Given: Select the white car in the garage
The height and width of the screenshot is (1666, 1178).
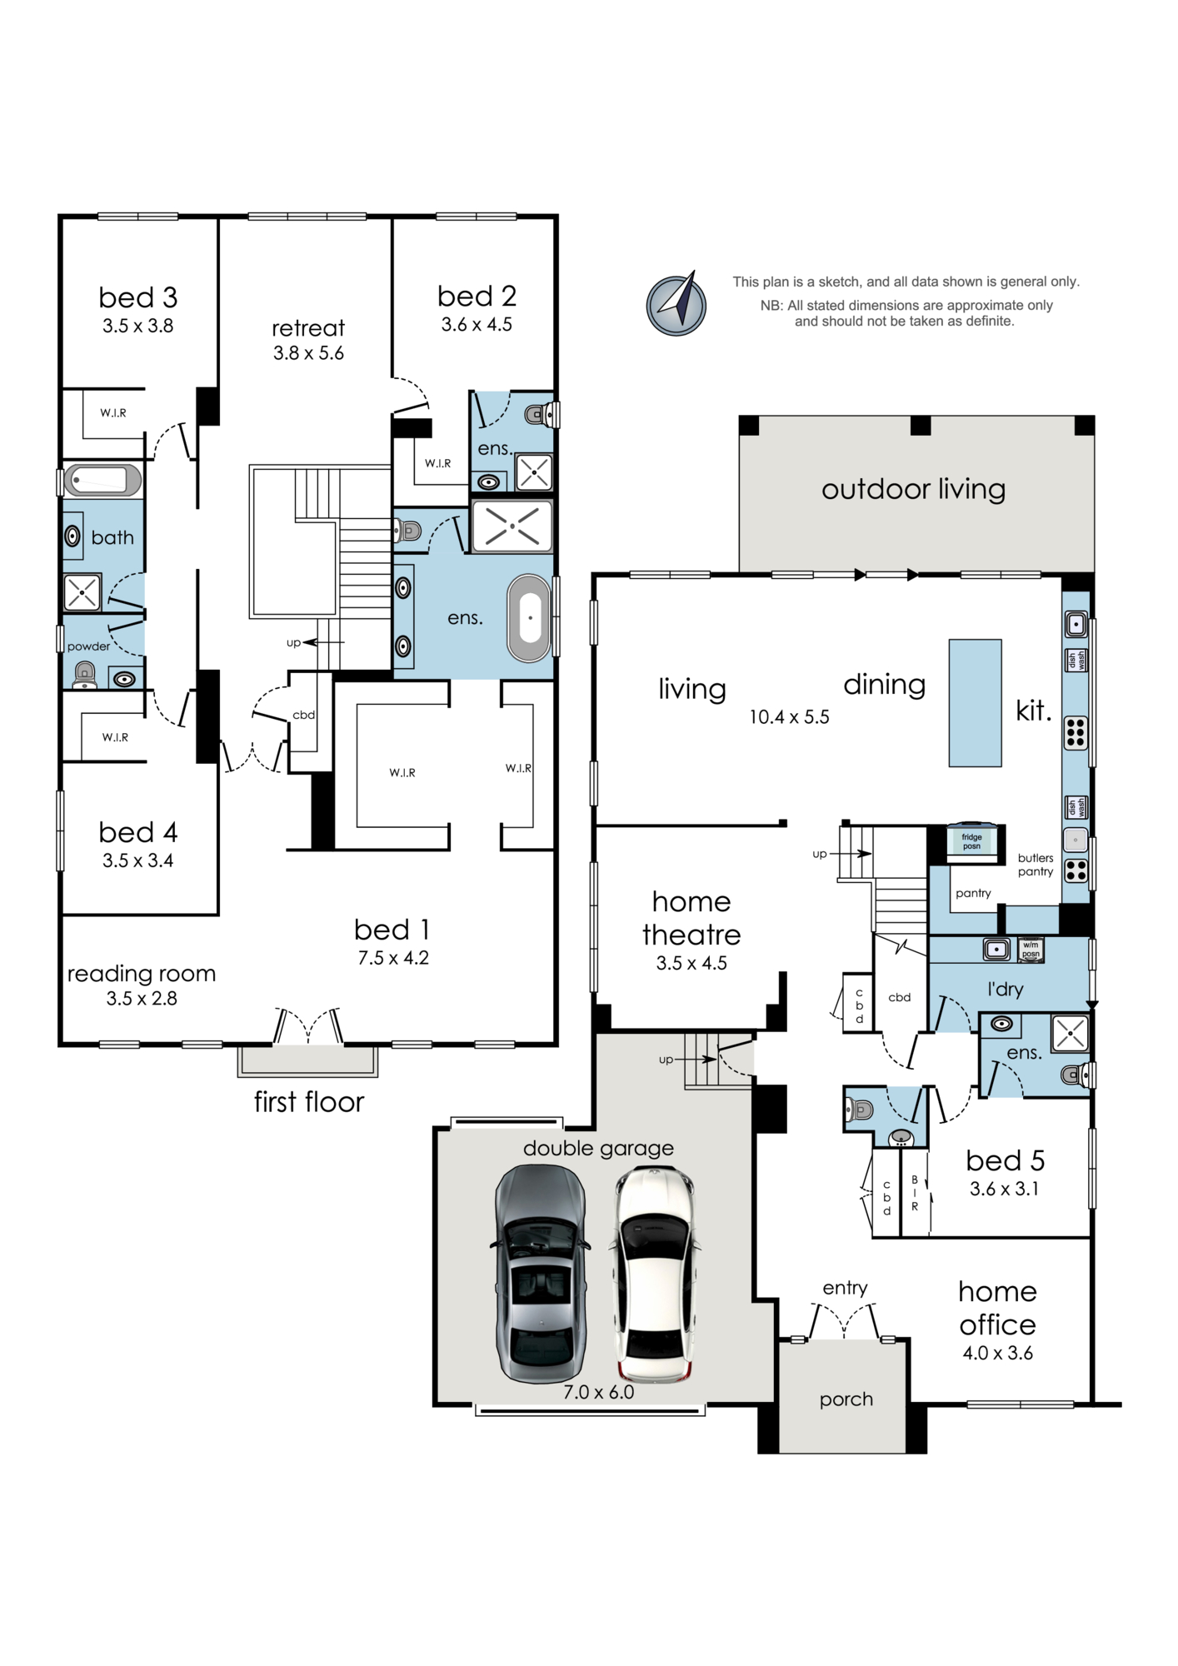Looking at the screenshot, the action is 653,1274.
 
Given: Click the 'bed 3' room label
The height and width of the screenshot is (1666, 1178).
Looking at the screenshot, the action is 138,297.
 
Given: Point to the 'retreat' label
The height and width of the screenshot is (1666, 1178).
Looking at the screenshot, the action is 308,328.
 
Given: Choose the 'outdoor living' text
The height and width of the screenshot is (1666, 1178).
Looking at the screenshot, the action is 913,489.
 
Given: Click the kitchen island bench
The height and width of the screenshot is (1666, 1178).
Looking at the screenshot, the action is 975,703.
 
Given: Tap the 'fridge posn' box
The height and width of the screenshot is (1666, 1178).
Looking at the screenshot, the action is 971,841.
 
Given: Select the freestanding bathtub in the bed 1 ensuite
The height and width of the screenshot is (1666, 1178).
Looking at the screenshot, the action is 528,618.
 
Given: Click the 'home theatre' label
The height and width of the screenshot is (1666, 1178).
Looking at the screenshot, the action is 691,918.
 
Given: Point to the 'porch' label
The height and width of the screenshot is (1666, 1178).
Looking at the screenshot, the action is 846,1399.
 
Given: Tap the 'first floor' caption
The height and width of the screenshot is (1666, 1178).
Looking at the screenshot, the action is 309,1102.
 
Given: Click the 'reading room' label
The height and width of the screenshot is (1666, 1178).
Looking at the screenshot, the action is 142,974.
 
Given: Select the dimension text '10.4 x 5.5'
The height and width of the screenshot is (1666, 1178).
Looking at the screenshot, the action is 789,717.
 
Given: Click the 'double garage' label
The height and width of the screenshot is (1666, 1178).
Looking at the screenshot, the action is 598,1149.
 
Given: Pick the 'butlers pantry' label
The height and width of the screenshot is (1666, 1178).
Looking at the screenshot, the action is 1036,865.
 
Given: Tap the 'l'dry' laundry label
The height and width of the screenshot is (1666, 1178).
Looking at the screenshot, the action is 1005,989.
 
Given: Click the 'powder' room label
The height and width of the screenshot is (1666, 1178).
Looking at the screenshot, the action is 88,646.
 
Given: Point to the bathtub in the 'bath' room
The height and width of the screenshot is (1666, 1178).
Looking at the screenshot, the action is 103,481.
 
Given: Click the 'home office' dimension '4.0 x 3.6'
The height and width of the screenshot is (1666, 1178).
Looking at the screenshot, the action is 997,1354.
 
